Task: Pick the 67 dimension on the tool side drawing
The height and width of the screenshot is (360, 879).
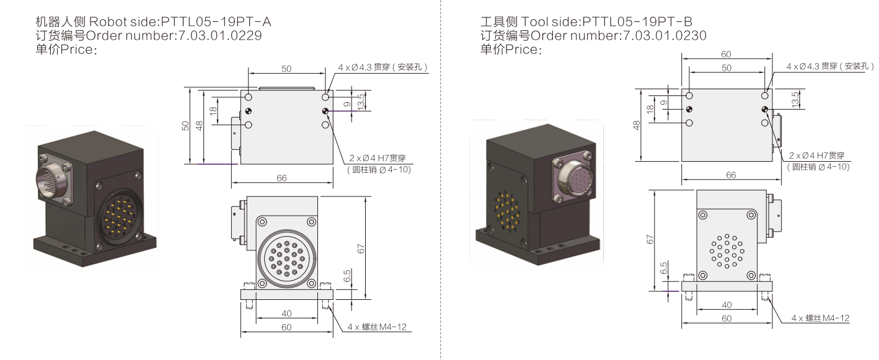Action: (648, 238)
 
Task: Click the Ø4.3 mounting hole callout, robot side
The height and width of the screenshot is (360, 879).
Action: (383, 67)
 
